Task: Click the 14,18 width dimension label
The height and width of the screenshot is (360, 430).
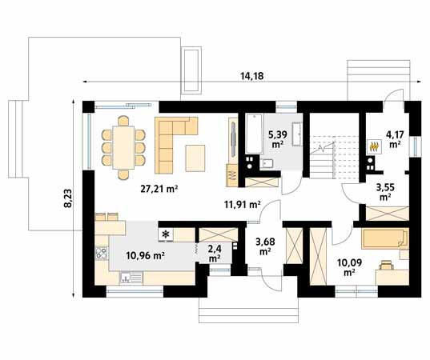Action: click(252, 76)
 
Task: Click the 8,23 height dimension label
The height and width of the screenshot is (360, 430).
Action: click(68, 198)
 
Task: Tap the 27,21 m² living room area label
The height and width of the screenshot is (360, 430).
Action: click(159, 189)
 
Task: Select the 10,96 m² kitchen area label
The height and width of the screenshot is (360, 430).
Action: click(145, 256)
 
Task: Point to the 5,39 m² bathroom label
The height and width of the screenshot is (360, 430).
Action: click(279, 139)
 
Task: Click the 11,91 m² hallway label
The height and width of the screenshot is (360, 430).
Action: click(242, 204)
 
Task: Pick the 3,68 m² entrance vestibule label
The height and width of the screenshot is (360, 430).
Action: click(265, 246)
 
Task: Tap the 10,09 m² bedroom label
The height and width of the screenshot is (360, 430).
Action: click(349, 267)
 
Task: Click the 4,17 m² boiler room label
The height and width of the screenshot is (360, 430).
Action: click(395, 139)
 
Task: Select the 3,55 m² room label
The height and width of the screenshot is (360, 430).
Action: click(385, 192)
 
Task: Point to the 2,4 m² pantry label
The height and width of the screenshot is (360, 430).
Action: click(215, 254)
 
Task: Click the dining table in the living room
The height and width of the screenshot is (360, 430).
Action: click(123, 147)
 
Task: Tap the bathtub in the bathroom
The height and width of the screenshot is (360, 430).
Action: click(255, 134)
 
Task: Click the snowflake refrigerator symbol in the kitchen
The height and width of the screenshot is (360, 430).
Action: click(166, 234)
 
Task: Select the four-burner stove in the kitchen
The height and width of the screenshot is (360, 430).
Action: click(102, 253)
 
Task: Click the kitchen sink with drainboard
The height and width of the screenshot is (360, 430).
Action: click(131, 278)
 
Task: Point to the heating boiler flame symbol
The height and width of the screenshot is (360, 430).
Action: click(375, 147)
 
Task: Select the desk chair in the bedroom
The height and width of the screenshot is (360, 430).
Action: click(386, 266)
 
